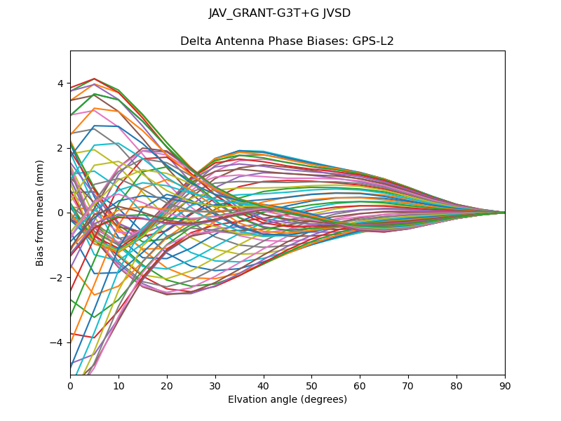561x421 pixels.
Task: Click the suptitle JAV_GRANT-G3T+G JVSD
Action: pyautogui.click(x=280, y=13)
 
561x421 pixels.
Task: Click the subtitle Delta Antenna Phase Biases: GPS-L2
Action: pyautogui.click(x=287, y=41)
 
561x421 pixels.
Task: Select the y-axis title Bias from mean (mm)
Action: pyautogui.click(x=41, y=213)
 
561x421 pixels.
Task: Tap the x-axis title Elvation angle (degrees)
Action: pyautogui.click(x=288, y=400)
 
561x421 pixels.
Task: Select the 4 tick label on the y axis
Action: pyautogui.click(x=60, y=83)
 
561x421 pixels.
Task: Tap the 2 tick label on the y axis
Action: pyautogui.click(x=60, y=148)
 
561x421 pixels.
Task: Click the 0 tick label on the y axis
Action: pyautogui.click(x=60, y=213)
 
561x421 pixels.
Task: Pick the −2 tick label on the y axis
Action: pyautogui.click(x=58, y=277)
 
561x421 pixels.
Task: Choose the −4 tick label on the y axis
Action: pyautogui.click(x=58, y=342)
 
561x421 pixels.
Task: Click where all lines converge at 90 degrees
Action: pyautogui.click(x=504, y=213)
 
